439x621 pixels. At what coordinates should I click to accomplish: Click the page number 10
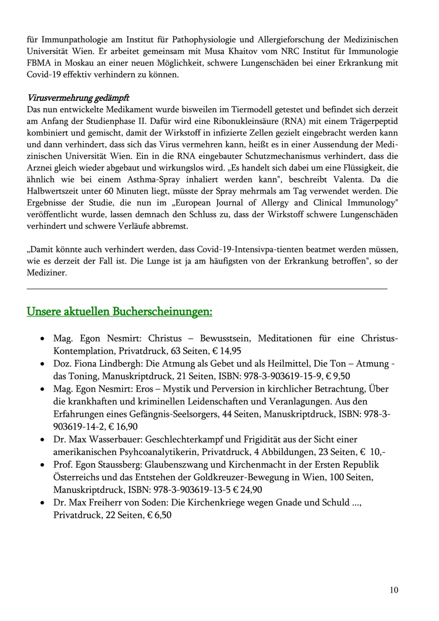pos(394,590)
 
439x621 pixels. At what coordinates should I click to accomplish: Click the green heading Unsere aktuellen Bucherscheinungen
pos(120,311)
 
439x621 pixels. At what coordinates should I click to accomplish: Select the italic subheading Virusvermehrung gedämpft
pos(78,97)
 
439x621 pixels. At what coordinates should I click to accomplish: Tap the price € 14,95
pos(227,350)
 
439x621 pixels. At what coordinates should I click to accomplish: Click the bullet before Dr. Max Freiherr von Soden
pos(43,502)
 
